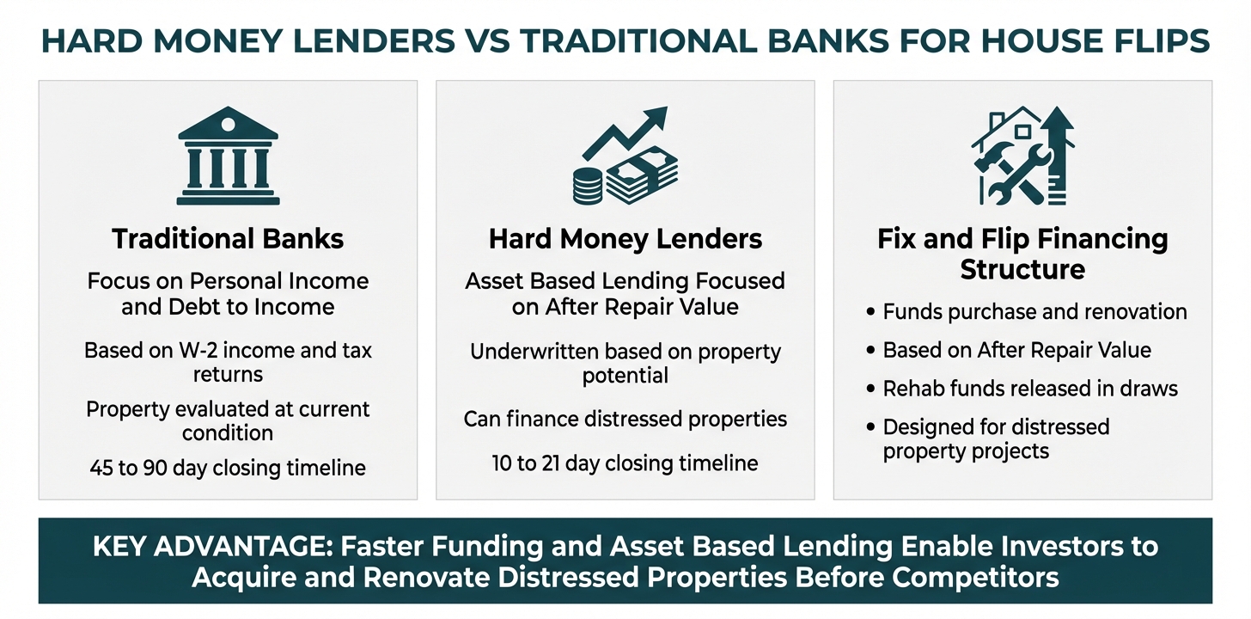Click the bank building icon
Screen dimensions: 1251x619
228,156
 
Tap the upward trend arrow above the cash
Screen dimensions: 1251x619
625,134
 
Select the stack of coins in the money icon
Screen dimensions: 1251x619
588,186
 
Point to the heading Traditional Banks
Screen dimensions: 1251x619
228,238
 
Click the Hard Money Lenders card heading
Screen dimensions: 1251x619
625,239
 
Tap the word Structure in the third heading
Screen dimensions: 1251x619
1022,269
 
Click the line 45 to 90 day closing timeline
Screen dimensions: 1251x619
228,468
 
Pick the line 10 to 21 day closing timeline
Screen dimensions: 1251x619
625,463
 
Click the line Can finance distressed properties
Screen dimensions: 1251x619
625,419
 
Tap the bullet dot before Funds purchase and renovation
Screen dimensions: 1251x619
870,312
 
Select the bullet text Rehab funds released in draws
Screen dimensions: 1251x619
1030,389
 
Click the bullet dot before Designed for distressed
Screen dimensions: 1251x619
870,427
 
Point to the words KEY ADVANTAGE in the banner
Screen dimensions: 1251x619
212,547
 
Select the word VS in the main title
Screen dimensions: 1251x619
487,40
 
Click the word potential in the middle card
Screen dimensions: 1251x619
625,376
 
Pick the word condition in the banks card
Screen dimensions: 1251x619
228,433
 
